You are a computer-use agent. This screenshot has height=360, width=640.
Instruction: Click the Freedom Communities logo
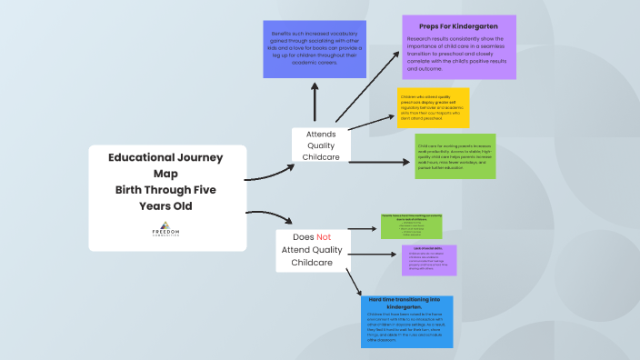tap(168, 229)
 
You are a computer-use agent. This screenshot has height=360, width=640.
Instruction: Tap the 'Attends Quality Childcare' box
tap(324, 145)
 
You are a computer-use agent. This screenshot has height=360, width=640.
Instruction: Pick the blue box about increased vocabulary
tap(315, 49)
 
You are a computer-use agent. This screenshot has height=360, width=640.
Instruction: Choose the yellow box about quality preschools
tap(433, 108)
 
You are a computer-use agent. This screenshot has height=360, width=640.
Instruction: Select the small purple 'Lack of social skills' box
tap(429, 259)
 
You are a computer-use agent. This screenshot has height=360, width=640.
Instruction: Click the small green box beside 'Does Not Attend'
tap(417, 225)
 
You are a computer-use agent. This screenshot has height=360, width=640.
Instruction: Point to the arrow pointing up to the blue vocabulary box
tap(315, 103)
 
